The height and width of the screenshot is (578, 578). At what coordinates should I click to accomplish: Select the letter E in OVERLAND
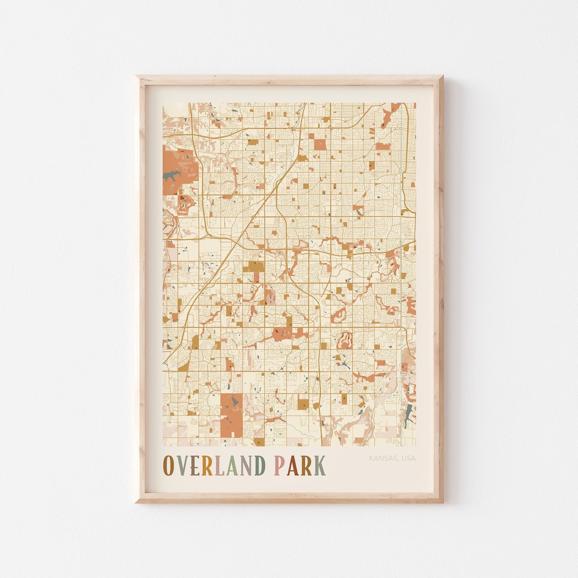(x=194, y=466)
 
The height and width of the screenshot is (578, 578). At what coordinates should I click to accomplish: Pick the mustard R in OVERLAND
(x=207, y=466)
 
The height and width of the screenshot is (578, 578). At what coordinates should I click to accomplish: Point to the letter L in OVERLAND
(x=218, y=466)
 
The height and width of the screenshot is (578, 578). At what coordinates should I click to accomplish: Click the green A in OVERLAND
(x=231, y=466)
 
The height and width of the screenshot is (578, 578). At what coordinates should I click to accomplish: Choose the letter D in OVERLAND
(x=259, y=466)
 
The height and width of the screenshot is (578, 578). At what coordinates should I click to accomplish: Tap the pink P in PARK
(x=279, y=466)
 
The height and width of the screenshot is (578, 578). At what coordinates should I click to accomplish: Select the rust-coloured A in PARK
(x=292, y=466)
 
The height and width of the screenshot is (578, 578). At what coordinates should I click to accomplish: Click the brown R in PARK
(x=306, y=466)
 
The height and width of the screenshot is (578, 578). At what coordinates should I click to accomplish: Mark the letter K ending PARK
(x=319, y=466)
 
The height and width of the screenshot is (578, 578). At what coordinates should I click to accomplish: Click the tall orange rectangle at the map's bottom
(x=231, y=415)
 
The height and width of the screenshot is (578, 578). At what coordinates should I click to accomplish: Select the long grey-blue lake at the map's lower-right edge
(x=409, y=414)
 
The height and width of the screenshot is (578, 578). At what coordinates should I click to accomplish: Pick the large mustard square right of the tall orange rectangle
(x=303, y=404)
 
